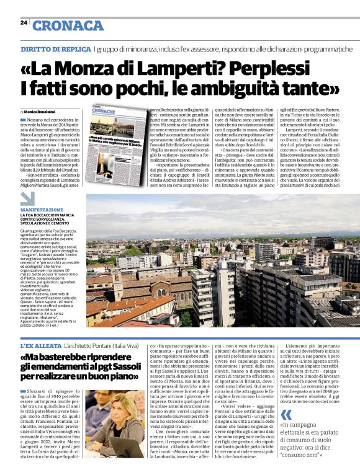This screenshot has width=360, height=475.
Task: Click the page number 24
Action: (24, 22)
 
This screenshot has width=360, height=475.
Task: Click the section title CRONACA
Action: (68, 25)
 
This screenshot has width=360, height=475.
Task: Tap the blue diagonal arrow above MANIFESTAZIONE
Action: (27, 198)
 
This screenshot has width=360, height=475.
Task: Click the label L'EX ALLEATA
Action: (40, 344)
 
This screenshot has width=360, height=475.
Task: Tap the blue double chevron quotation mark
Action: (286, 415)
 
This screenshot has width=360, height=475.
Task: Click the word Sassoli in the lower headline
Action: (117, 370)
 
